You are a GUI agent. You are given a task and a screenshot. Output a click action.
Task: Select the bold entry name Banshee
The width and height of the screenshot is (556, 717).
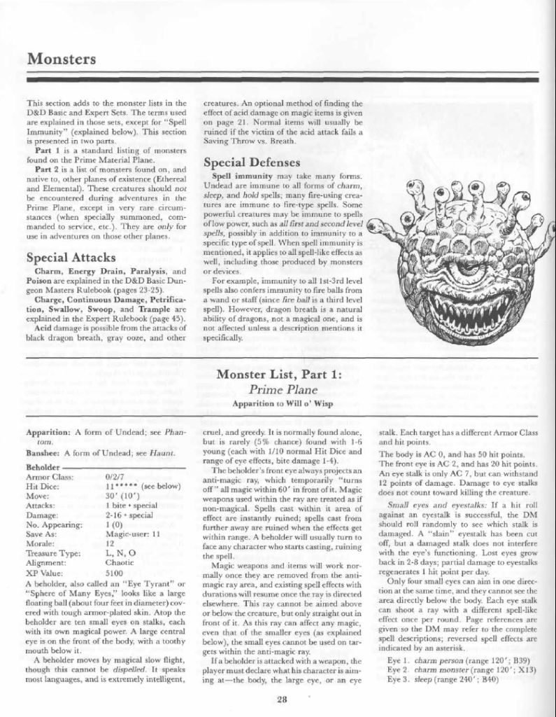(x=45, y=452)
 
